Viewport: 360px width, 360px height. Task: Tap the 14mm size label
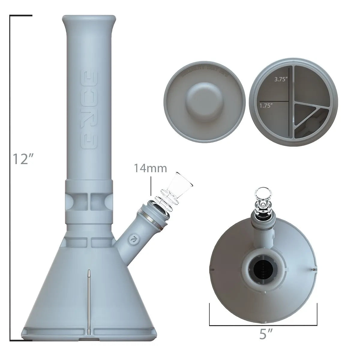150,168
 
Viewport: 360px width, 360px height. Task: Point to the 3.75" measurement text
281,80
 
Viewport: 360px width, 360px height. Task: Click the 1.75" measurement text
266,106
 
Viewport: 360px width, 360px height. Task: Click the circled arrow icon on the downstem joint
131,239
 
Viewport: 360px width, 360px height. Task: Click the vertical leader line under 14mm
150,186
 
